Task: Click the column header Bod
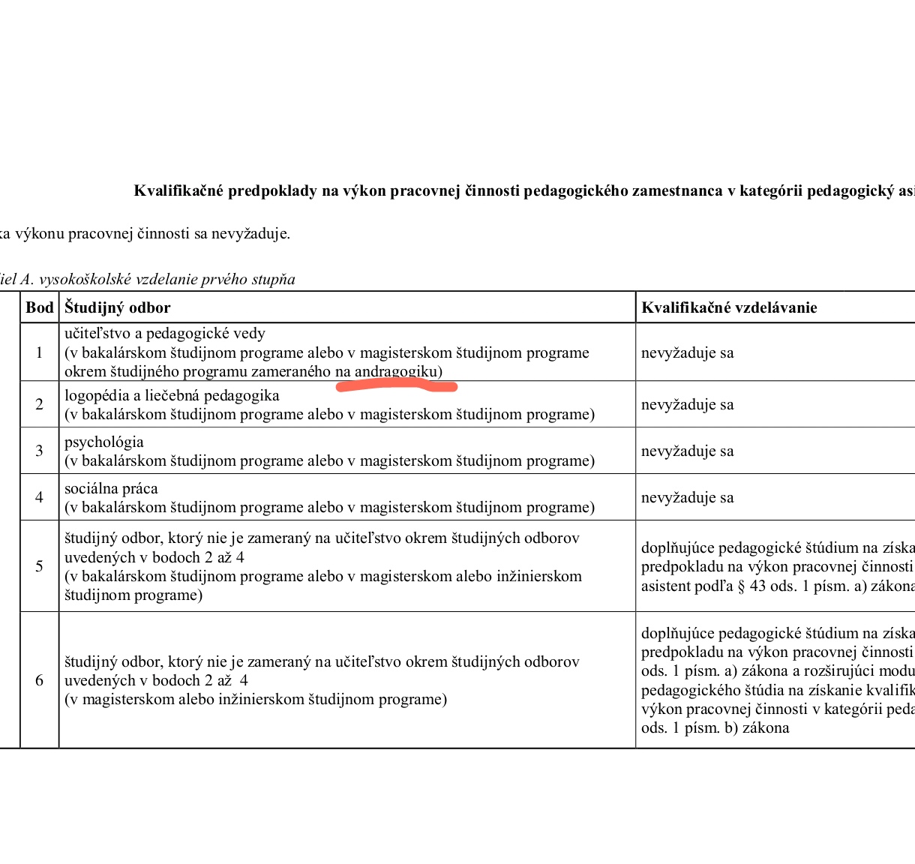pyautogui.click(x=40, y=307)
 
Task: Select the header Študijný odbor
pyautogui.click(x=117, y=307)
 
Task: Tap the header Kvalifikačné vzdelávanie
pyautogui.click(x=729, y=307)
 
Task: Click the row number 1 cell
pyautogui.click(x=40, y=352)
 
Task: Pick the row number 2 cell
pyautogui.click(x=40, y=404)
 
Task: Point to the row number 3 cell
pyautogui.click(x=40, y=451)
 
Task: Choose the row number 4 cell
pyautogui.click(x=40, y=497)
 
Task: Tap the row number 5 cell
pyautogui.click(x=40, y=566)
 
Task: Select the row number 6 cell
pyautogui.click(x=40, y=680)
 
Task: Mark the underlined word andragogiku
pyautogui.click(x=395, y=371)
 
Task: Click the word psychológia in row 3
pyautogui.click(x=103, y=442)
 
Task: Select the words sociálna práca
pyautogui.click(x=111, y=488)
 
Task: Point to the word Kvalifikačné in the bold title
pyautogui.click(x=178, y=190)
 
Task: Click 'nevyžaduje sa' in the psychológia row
pyautogui.click(x=687, y=451)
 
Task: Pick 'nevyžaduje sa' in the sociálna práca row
pyautogui.click(x=687, y=497)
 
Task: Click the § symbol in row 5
pyautogui.click(x=742, y=586)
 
